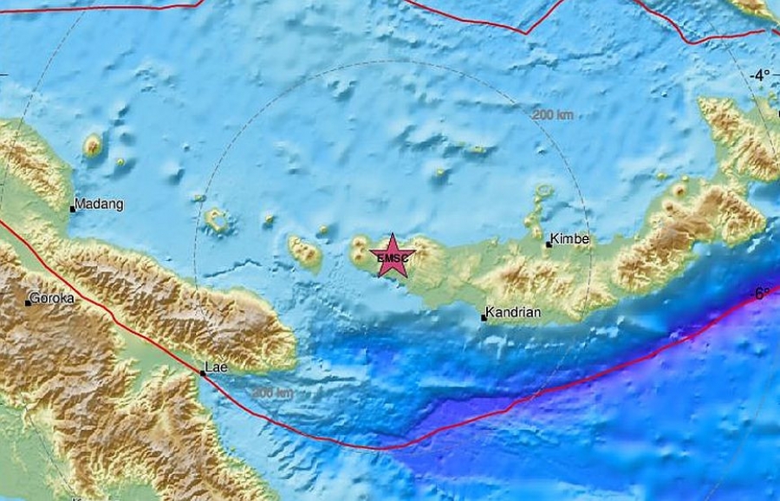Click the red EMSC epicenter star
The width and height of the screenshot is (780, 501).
pyautogui.click(x=393, y=256)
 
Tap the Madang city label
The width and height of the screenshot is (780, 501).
pyautogui.click(x=100, y=205)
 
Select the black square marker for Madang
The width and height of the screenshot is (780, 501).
pyautogui.click(x=73, y=209)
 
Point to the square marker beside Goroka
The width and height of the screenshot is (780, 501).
pyautogui.click(x=29, y=303)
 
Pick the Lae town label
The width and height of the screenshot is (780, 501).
pyautogui.click(x=216, y=367)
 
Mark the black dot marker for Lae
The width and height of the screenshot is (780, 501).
pyautogui.click(x=203, y=374)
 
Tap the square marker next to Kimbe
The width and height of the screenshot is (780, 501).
pyautogui.click(x=549, y=245)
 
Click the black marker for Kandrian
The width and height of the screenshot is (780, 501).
pyautogui.click(x=484, y=318)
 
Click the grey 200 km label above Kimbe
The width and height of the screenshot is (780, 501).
pyautogui.click(x=553, y=114)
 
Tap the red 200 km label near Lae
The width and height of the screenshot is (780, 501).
pyautogui.click(x=273, y=393)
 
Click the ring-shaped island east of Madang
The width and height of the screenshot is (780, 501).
pyautogui.click(x=217, y=221)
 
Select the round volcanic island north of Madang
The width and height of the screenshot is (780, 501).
pyautogui.click(x=93, y=145)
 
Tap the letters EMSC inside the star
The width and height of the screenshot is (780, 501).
pyautogui.click(x=393, y=257)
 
